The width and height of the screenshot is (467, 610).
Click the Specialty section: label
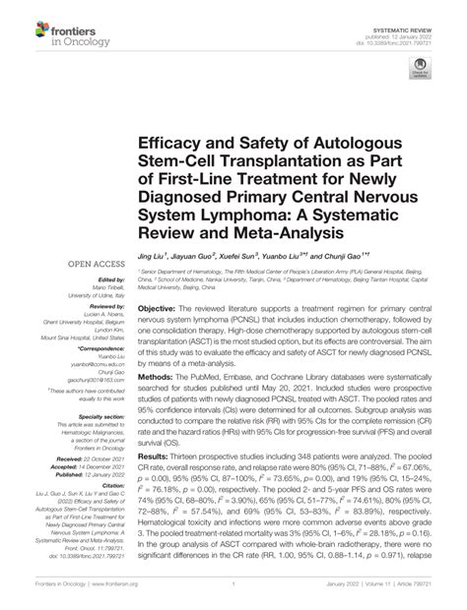point(93,417)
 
